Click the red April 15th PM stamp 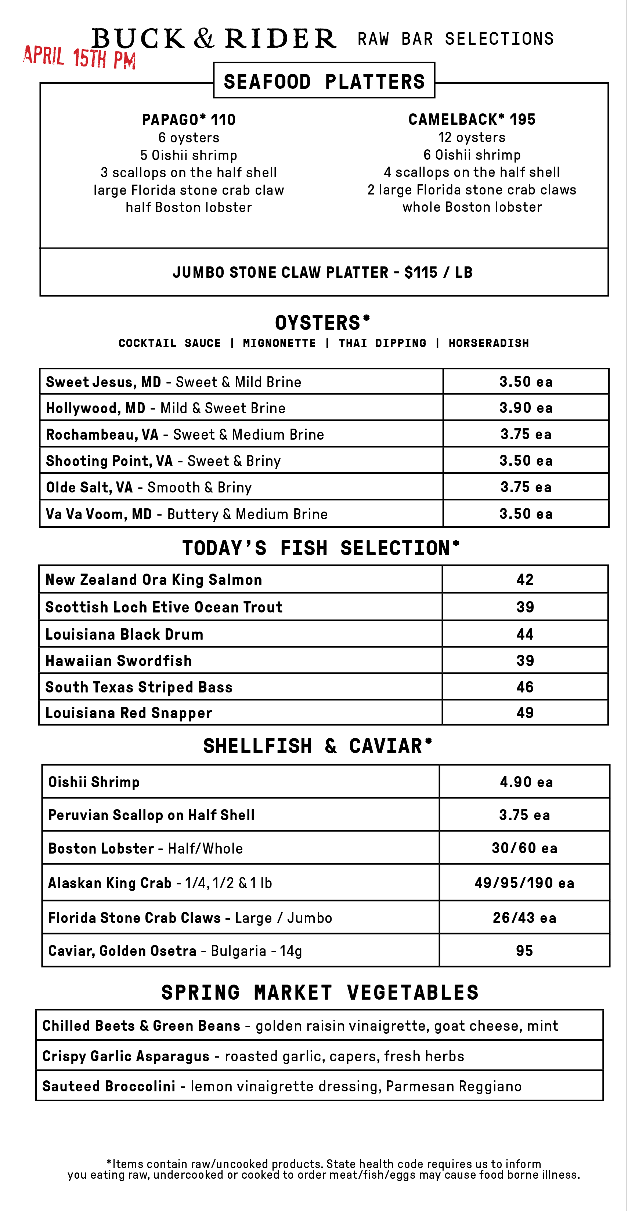click(79, 57)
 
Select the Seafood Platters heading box click(324, 81)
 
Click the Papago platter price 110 click(223, 120)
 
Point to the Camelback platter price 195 click(522, 119)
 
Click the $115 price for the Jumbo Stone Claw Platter click(421, 272)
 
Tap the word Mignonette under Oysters click(279, 343)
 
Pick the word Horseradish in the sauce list click(488, 343)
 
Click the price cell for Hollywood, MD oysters click(526, 408)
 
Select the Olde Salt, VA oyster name click(89, 487)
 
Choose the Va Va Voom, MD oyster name click(99, 514)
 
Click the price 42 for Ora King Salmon click(525, 579)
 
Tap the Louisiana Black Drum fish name click(124, 634)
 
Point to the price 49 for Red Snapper click(525, 713)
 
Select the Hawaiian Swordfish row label click(119, 661)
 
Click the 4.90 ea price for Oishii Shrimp click(526, 782)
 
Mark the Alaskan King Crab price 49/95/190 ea click(524, 883)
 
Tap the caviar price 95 click(524, 950)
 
